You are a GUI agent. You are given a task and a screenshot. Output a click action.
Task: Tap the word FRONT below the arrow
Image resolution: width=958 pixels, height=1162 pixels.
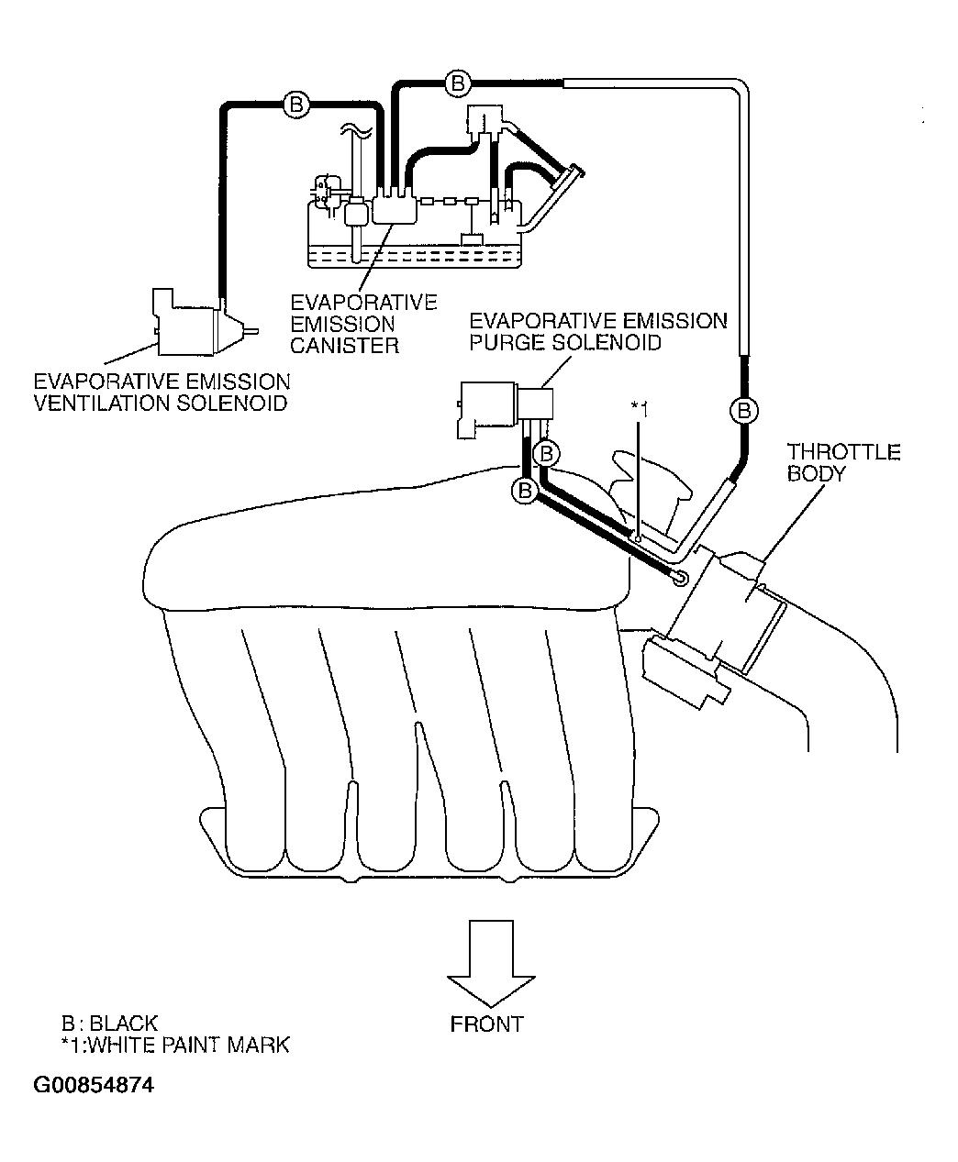click(486, 1024)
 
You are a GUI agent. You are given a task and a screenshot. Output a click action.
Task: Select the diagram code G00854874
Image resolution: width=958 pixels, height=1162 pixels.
click(94, 1085)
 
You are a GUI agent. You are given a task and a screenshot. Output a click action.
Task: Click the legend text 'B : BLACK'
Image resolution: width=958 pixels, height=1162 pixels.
click(109, 1023)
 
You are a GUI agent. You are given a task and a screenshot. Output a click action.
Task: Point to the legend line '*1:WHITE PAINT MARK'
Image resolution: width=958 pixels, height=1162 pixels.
click(175, 1046)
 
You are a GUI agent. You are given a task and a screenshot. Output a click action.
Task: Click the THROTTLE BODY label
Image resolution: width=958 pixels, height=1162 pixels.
click(843, 462)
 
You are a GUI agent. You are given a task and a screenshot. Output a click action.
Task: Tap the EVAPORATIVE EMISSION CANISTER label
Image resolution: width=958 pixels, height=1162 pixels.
click(363, 324)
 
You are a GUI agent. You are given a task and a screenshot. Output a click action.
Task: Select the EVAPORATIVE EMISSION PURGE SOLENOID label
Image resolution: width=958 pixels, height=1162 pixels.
click(598, 332)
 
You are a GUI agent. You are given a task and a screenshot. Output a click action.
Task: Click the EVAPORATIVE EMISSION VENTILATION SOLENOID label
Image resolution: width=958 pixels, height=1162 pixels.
click(162, 393)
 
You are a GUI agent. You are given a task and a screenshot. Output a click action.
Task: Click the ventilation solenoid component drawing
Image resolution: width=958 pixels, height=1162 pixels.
click(201, 322)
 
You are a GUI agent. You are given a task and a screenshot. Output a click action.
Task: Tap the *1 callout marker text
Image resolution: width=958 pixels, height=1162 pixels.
click(640, 409)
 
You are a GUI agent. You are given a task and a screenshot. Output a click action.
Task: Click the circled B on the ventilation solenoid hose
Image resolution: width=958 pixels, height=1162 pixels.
click(296, 104)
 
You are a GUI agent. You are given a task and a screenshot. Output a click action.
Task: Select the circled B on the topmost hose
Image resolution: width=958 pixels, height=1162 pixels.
click(458, 83)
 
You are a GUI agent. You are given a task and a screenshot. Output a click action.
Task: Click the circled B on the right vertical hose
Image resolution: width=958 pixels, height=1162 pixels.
click(744, 411)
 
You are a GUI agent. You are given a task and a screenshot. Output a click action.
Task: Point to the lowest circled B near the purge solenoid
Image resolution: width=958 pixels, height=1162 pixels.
click(525, 491)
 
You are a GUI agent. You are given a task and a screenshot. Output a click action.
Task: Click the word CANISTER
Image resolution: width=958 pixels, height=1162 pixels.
click(345, 346)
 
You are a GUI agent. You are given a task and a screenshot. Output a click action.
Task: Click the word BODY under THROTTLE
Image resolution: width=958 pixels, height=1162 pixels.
click(817, 473)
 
